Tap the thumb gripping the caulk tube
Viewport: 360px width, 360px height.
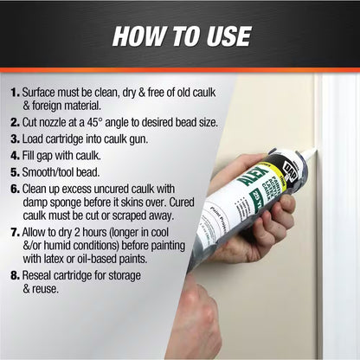point(228,173)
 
